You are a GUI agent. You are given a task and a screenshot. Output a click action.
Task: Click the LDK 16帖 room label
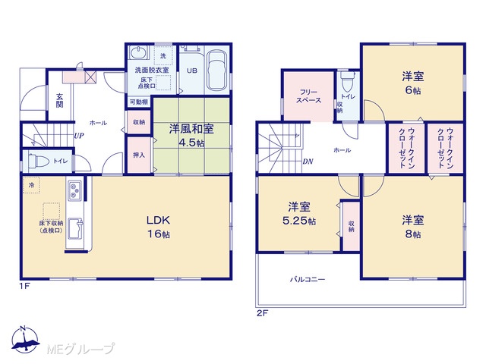(158, 227)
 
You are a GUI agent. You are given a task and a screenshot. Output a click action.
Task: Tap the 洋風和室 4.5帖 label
(191, 136)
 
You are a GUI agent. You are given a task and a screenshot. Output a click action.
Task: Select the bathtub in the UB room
(217, 71)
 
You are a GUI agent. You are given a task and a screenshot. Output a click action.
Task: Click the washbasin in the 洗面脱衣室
(138, 52)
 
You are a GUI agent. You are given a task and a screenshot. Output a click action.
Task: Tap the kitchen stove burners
(74, 190)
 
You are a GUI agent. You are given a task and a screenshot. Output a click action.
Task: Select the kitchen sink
(75, 229)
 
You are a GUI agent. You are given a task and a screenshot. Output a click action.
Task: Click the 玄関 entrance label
(59, 100)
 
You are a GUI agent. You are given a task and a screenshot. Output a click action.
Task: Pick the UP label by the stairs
(79, 135)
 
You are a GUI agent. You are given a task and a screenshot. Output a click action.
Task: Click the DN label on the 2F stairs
(308, 162)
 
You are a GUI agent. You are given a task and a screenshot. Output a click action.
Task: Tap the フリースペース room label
(309, 96)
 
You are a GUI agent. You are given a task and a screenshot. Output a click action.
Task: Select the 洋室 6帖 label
(413, 83)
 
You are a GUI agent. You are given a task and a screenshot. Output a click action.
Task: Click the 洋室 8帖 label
(413, 227)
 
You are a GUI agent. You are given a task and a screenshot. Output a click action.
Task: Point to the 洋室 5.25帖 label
(299, 214)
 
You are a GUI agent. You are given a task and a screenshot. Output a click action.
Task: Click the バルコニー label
(308, 280)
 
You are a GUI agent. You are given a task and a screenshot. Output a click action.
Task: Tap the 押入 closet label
(139, 155)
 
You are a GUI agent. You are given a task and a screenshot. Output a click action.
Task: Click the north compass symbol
(25, 340)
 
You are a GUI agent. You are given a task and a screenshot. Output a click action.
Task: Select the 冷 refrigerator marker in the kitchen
(31, 185)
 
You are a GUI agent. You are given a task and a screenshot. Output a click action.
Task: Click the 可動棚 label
(138, 102)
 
